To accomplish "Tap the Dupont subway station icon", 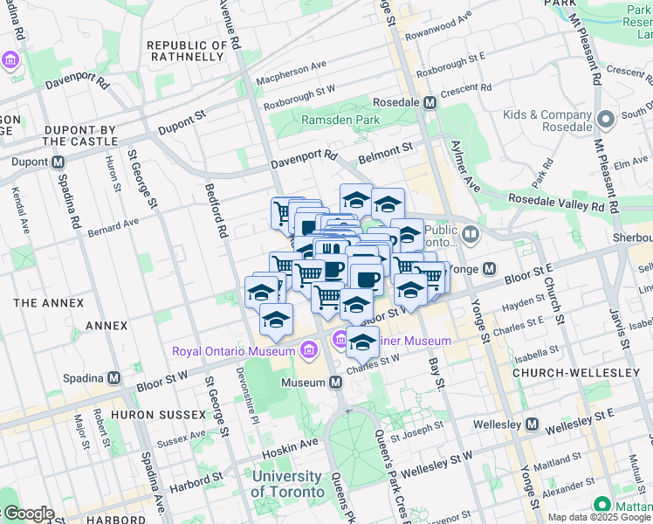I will point(58,162).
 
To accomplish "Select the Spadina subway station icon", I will point(113,378).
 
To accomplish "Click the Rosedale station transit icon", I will point(430,102).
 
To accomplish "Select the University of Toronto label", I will point(286,484).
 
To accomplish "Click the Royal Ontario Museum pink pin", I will point(307,351).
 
